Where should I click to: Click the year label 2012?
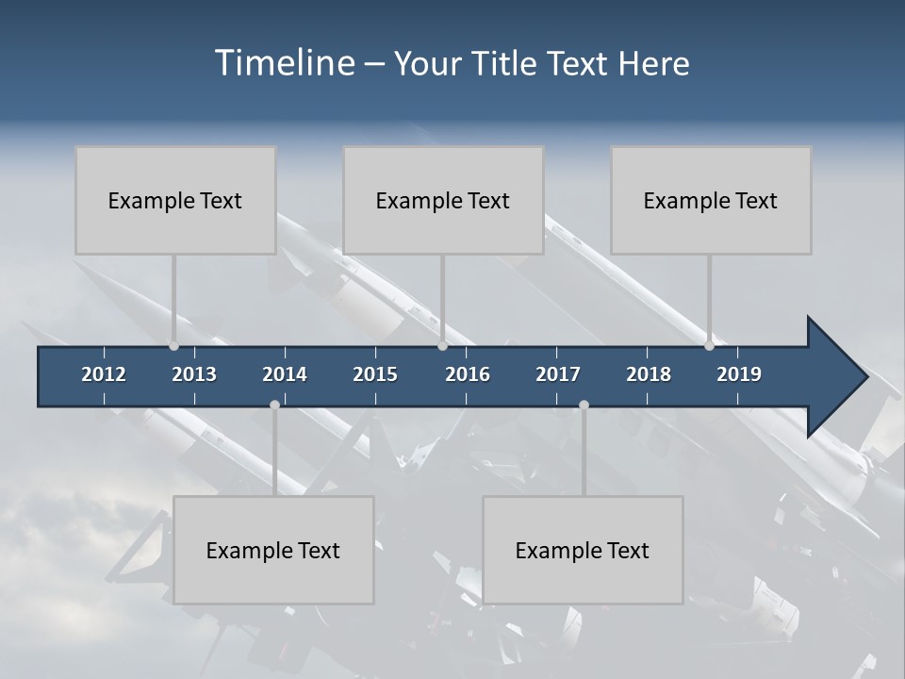point(104,374)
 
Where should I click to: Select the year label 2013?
point(194,374)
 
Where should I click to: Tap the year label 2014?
point(285,374)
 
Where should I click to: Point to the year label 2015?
point(375,374)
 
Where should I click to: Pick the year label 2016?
point(468,374)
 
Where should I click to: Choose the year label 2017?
point(558,374)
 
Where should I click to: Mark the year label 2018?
point(649,374)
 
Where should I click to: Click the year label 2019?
point(739,374)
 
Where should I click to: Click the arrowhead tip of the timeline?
point(864,377)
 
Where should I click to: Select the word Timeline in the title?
point(285,63)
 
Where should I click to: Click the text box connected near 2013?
point(175,200)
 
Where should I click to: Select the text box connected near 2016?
point(443,200)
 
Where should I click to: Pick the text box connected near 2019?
point(711,200)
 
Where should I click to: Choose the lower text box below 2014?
point(273,550)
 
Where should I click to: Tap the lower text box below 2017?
point(583,550)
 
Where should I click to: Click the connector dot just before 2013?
point(173,346)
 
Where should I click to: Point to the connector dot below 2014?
point(274,406)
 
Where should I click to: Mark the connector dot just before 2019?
point(709,346)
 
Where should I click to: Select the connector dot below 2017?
point(584,406)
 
